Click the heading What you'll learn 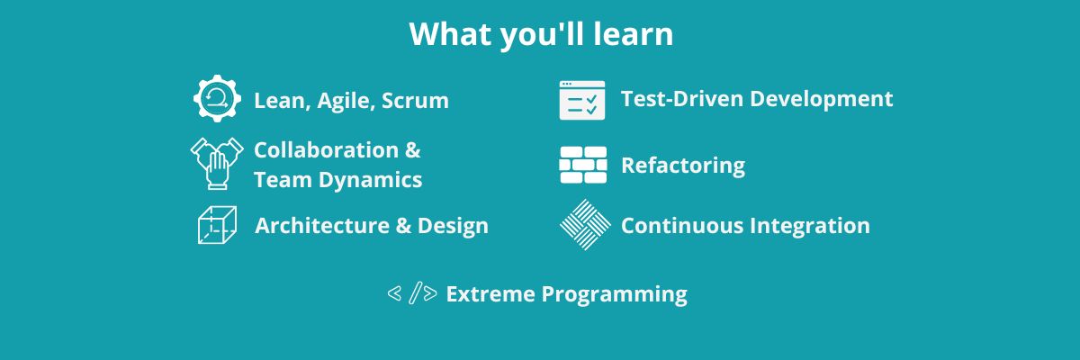541,35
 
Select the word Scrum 415,101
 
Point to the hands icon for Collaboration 217,164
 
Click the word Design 453,226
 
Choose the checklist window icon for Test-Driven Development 582,100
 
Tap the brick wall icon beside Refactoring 583,165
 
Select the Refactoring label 683,166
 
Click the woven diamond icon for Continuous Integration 585,225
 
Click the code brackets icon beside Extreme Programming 412,293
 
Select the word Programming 614,294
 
